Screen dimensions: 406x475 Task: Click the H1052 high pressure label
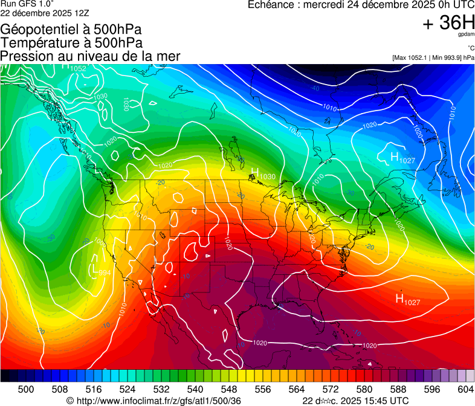[74, 66]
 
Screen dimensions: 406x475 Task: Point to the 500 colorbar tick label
[27, 390]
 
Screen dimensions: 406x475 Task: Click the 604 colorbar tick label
[466, 390]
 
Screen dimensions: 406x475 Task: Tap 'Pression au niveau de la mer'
[90, 56]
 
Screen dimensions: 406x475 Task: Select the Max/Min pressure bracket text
[433, 57]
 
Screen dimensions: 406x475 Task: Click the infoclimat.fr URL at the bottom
[153, 401]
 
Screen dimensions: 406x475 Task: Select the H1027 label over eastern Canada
[403, 158]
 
